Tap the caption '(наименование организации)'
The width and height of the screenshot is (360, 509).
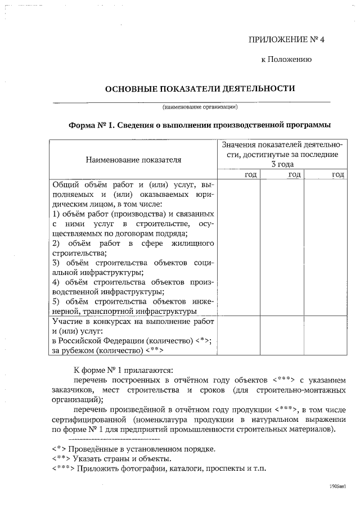pyautogui.click(x=200, y=106)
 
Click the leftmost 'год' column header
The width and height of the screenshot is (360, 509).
pyautogui.click(x=251, y=175)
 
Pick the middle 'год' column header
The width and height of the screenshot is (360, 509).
pyautogui.click(x=294, y=175)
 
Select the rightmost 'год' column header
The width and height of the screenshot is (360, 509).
pyautogui.click(x=338, y=175)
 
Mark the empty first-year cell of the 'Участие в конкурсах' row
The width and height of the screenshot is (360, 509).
pyautogui.click(x=238, y=336)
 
